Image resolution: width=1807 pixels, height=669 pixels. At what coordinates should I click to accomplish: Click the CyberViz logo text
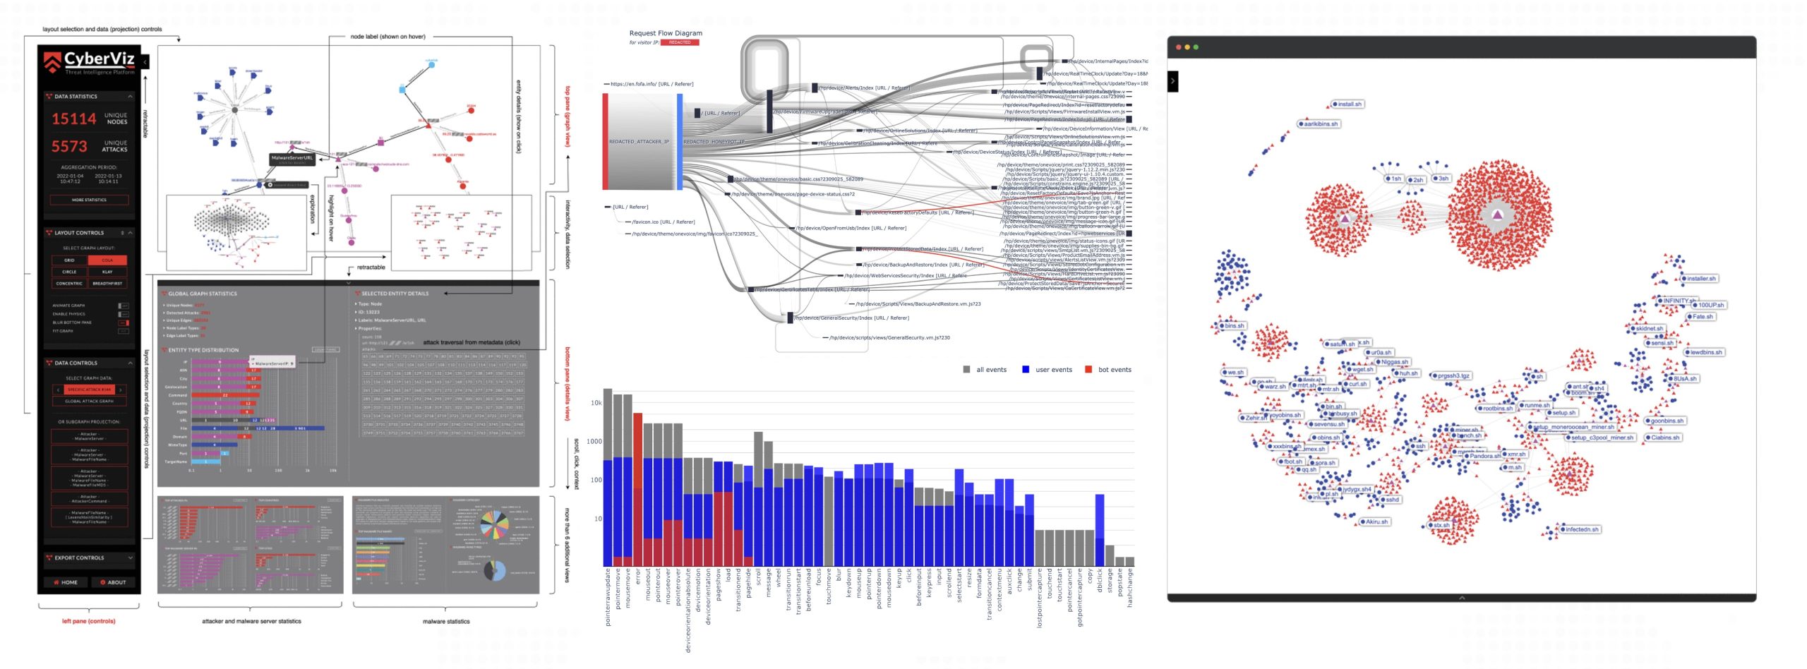click(x=98, y=59)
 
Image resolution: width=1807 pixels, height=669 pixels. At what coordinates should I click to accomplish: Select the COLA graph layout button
click(x=107, y=260)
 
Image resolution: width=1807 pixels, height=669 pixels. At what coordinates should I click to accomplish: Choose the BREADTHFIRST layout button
click(x=107, y=283)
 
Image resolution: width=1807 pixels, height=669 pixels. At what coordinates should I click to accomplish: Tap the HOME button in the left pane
click(x=66, y=582)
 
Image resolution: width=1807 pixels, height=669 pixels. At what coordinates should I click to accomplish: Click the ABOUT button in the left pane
click(x=113, y=582)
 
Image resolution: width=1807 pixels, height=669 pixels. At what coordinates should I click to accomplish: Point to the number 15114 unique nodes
click(x=73, y=119)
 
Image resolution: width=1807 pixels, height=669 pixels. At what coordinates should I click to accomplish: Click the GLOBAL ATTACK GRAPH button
click(x=89, y=401)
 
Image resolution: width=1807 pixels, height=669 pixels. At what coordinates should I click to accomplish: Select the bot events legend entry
click(x=1114, y=370)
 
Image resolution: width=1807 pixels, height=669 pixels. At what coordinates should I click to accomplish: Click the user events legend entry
click(x=1053, y=370)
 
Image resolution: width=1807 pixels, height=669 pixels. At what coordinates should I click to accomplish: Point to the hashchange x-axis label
click(x=1129, y=590)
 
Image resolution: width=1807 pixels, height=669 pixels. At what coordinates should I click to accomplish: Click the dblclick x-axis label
click(x=1100, y=581)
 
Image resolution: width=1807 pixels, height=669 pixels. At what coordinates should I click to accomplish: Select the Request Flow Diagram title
click(x=666, y=33)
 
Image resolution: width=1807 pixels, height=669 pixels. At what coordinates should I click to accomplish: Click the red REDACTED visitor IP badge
click(x=680, y=42)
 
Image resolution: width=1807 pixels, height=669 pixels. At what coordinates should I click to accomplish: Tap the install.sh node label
click(x=1350, y=104)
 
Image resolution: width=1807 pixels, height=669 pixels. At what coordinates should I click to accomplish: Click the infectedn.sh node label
click(x=1582, y=529)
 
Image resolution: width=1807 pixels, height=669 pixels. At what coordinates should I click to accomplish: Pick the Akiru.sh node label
click(x=1376, y=522)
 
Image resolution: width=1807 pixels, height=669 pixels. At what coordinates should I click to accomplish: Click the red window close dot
click(x=1179, y=47)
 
